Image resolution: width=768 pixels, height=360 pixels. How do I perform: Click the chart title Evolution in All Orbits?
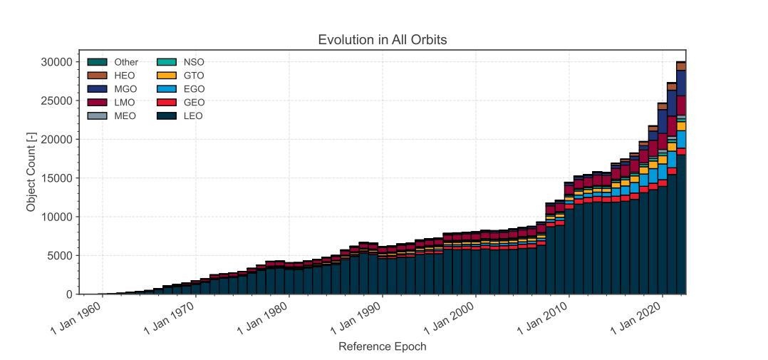pyautogui.click(x=382, y=40)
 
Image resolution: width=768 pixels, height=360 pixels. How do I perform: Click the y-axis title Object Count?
pyautogui.click(x=31, y=172)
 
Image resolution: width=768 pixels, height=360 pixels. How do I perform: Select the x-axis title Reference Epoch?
pyautogui.click(x=382, y=347)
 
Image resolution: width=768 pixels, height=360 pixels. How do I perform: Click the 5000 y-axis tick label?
pyautogui.click(x=56, y=256)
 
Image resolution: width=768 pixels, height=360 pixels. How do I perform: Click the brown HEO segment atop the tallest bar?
pyautogui.click(x=681, y=66)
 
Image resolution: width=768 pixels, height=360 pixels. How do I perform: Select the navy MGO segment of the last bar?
pyautogui.click(x=681, y=83)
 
